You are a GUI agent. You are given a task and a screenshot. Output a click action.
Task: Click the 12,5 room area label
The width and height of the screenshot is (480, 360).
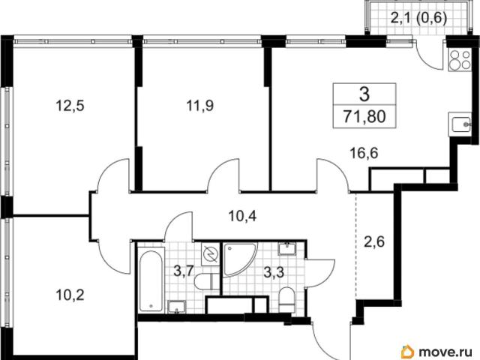pos(70,106)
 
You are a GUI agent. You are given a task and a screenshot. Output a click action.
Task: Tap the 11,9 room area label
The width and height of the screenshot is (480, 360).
pos(200,106)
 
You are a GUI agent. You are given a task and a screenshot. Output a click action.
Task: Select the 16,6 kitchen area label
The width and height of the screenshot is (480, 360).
pos(364,153)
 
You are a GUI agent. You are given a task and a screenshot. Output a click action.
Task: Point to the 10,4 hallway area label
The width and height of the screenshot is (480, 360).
pos(242,216)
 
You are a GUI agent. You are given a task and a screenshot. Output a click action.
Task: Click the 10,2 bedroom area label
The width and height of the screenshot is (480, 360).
pos(70,295)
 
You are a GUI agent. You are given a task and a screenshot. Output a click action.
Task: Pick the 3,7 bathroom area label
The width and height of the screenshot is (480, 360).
pos(183,271)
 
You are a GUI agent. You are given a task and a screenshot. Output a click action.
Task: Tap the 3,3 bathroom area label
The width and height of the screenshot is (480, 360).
pos(274,272)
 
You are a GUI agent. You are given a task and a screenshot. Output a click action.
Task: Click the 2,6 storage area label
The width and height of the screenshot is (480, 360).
pos(374,241)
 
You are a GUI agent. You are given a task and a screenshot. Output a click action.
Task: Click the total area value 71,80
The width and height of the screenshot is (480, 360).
pos(364,117)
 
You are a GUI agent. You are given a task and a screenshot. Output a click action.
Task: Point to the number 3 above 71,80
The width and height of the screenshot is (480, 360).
pos(364,94)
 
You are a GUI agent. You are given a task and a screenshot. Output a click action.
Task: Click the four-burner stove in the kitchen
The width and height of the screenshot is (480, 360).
pos(460,60)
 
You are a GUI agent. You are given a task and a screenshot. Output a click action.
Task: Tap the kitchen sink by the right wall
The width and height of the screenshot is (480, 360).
pos(460,124)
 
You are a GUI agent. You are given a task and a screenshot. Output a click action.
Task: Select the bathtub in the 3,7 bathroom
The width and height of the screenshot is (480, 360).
pos(150,281)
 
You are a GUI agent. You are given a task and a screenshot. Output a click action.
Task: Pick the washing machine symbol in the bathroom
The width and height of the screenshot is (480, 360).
pos(210,254)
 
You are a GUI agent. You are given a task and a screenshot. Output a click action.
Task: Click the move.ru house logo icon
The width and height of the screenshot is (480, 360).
pos(408,352)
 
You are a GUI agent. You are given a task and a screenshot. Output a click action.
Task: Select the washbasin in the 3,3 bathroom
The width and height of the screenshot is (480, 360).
pos(286,248)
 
